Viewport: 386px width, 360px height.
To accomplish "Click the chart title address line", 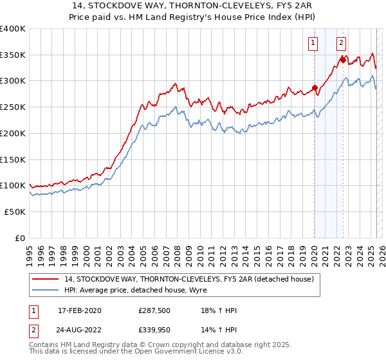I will pyautogui.click(x=192, y=5).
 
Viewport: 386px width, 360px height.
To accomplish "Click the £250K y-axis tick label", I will pyautogui.click(x=13, y=107).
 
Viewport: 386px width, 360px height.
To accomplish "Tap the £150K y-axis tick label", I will pyautogui.click(x=13, y=159).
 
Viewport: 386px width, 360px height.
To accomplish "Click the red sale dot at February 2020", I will pyautogui.click(x=315, y=88).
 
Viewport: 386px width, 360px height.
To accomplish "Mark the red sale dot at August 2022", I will pyautogui.click(x=343, y=60).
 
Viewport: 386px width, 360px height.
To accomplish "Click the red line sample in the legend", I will pyautogui.click(x=44, y=279).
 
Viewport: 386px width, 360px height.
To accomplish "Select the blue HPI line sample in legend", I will pyautogui.click(x=44, y=290).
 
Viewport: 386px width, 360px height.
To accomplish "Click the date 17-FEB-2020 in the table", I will pyautogui.click(x=79, y=310).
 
